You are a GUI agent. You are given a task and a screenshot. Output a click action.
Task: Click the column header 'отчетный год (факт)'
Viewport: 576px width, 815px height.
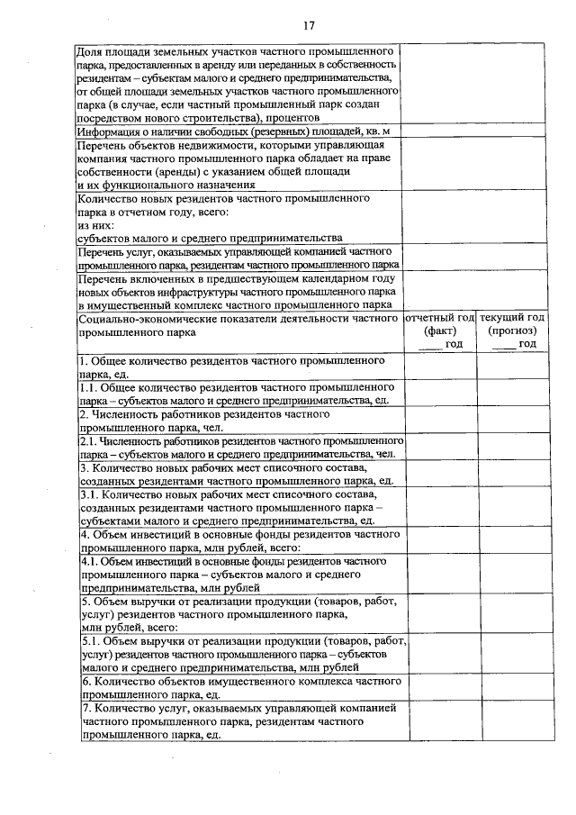pos(439,325)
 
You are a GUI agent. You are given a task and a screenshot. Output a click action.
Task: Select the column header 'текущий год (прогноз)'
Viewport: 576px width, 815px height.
pos(511,325)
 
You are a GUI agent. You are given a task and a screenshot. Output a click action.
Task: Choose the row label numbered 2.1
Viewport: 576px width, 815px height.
pos(238,448)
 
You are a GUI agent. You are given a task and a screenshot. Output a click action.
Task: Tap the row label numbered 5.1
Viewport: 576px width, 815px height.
pos(238,655)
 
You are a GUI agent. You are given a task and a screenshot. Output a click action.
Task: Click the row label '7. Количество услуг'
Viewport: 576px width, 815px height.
pos(238,721)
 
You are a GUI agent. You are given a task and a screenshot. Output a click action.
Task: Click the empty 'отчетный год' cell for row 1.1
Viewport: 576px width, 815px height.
pos(439,394)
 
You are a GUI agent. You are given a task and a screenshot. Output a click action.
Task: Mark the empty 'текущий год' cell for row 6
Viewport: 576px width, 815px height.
pos(511,688)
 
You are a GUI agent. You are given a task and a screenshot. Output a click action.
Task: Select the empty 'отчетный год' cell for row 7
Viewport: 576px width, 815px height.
pos(439,721)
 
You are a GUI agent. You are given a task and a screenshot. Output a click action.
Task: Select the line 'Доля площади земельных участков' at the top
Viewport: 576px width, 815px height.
pos(238,51)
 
